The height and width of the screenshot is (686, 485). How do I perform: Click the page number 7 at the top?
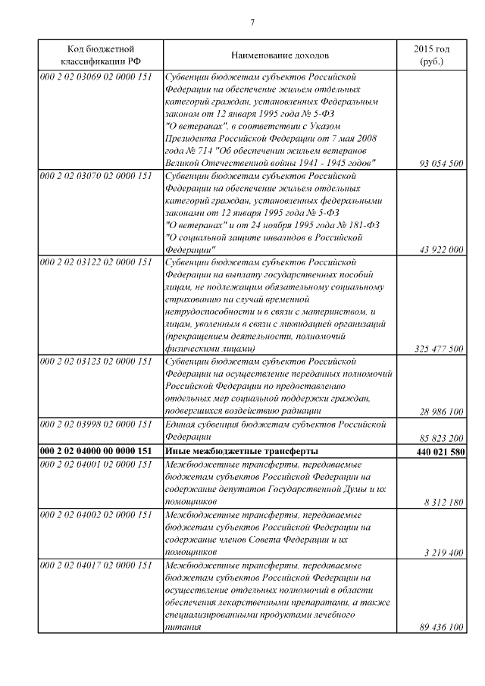click(x=251, y=20)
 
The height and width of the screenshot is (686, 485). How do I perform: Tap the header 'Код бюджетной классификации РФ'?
click(x=101, y=55)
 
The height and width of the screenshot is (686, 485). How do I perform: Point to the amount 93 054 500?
click(x=440, y=164)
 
